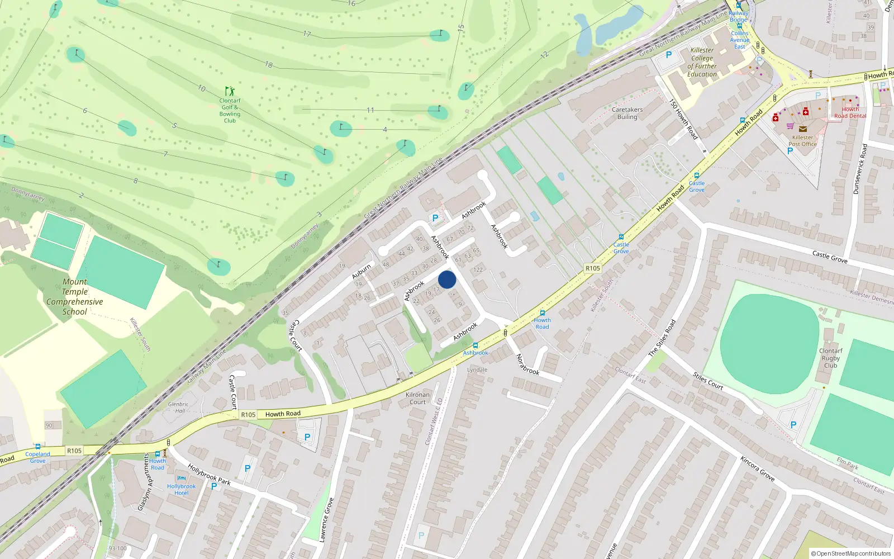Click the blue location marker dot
pyautogui.click(x=447, y=279)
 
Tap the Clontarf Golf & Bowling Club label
pyautogui.click(x=230, y=110)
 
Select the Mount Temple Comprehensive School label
pyautogui.click(x=75, y=297)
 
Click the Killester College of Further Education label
pyautogui.click(x=702, y=62)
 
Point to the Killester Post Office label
pyautogui.click(x=802, y=140)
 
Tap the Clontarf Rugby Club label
pyautogui.click(x=830, y=358)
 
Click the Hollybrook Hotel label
pyautogui.click(x=181, y=489)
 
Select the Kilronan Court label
pyautogui.click(x=417, y=398)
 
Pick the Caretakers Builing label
pyautogui.click(x=627, y=113)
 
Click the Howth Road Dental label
pyautogui.click(x=850, y=112)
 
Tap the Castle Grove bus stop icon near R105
pyautogui.click(x=621, y=237)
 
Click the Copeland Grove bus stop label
pyautogui.click(x=37, y=457)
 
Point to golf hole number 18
pyautogui.click(x=269, y=65)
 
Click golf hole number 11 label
pyautogui.click(x=370, y=110)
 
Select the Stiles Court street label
pyautogui.click(x=708, y=381)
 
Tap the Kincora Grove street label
pyautogui.click(x=757, y=468)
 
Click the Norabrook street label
pyautogui.click(x=527, y=364)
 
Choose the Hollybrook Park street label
pyautogui.click(x=209, y=474)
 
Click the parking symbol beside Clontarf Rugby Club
pyautogui.click(x=793, y=425)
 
